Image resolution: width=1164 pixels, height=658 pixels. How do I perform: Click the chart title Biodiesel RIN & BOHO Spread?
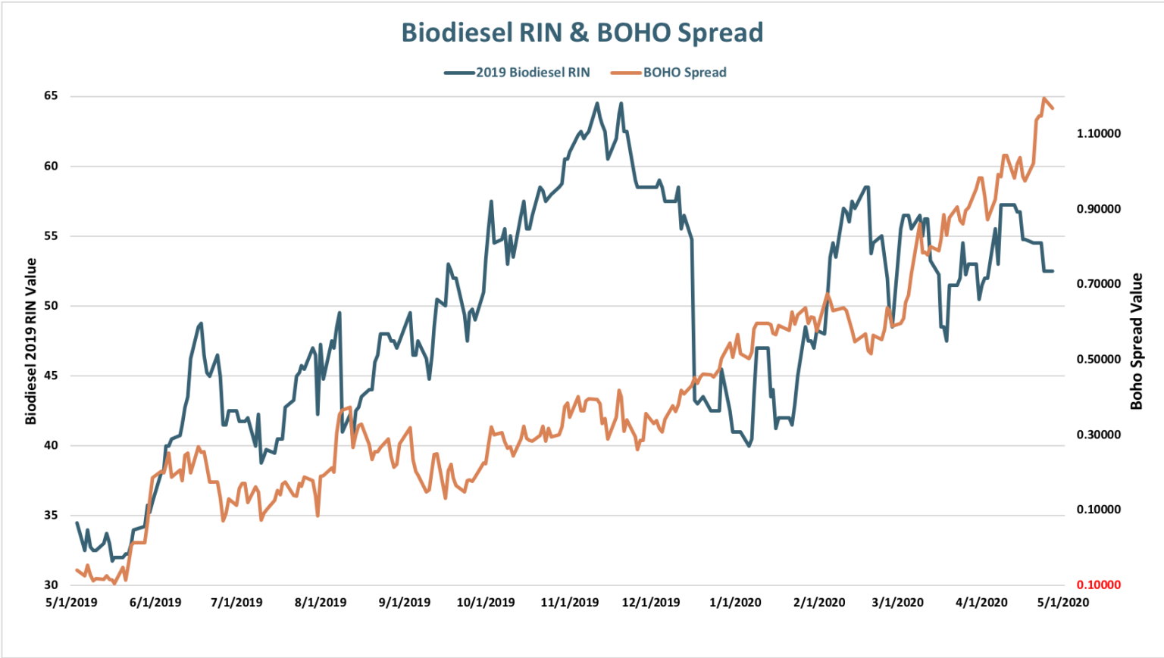tap(581, 33)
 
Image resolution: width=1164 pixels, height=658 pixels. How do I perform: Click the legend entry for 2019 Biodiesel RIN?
tap(532, 73)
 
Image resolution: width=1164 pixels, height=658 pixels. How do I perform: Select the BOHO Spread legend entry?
tap(684, 73)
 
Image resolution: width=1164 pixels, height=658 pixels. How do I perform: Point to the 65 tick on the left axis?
tap(51, 95)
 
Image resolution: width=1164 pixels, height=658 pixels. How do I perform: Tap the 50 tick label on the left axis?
tap(51, 305)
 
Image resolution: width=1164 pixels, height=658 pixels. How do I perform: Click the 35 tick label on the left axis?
tap(51, 515)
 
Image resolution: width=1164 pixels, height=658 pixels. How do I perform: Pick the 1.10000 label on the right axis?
tap(1098, 133)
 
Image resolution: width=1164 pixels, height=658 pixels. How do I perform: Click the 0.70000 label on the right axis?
tap(1098, 284)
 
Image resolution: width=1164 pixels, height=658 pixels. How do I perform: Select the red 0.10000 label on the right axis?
tap(1098, 585)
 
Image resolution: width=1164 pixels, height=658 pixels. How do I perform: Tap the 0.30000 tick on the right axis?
tap(1098, 435)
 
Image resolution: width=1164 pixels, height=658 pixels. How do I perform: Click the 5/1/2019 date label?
tap(71, 603)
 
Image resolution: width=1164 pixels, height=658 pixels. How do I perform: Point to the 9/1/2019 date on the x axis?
tap(404, 603)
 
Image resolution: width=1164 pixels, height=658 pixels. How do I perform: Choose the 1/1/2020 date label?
tap(735, 603)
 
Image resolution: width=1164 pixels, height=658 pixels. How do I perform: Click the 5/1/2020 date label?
tap(1062, 603)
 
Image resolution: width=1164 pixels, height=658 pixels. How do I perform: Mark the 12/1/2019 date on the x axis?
tap(650, 603)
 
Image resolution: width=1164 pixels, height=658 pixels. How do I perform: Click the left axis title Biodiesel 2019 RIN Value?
tap(31, 341)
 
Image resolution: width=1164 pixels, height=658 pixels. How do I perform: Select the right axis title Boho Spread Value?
tap(1135, 341)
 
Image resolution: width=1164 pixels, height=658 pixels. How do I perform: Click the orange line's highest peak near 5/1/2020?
tap(1044, 98)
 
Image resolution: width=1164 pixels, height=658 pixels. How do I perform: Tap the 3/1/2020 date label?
tap(897, 603)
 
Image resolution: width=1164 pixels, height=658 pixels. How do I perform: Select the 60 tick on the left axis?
tap(51, 166)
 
